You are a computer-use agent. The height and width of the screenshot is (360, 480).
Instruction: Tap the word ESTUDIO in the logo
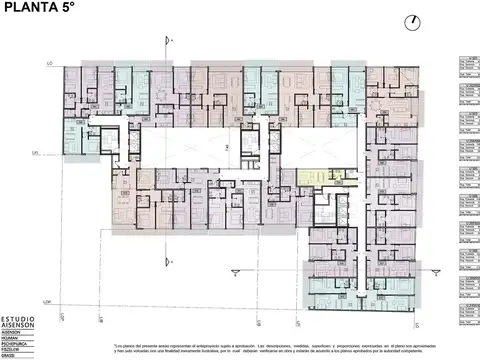[20, 318]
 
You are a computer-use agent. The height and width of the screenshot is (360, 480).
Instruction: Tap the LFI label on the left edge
[34, 153]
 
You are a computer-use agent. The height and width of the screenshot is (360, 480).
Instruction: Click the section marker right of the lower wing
[432, 268]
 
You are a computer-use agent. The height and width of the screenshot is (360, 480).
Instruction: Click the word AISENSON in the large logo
[20, 326]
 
